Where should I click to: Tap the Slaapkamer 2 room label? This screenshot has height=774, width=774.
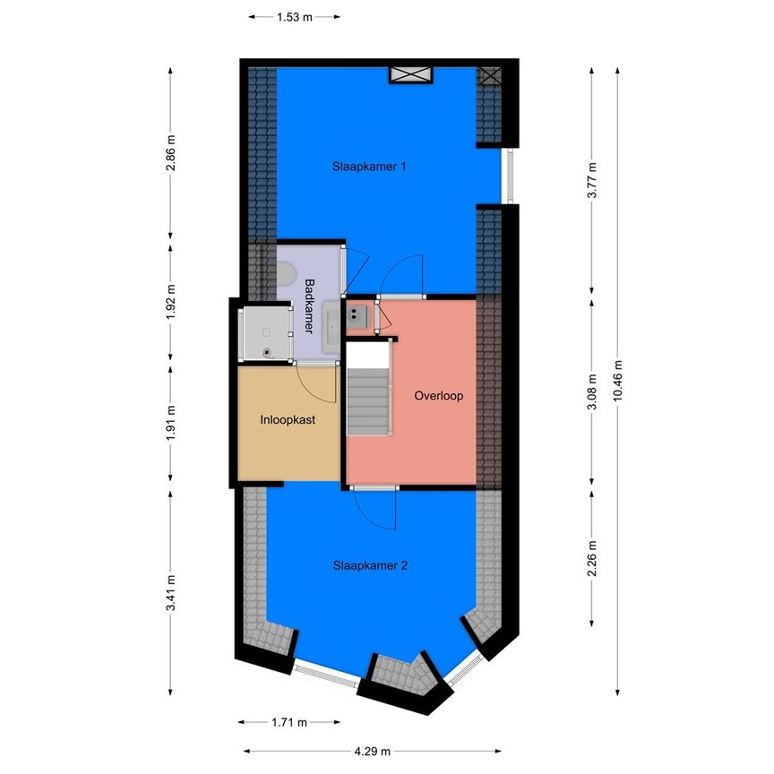[x=370, y=565]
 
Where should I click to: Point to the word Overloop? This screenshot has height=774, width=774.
[x=438, y=395]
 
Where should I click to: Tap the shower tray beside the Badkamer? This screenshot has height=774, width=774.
[x=266, y=332]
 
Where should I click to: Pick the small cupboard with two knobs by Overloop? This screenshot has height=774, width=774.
[x=359, y=314]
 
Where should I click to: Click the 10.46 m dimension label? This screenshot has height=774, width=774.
[x=616, y=383]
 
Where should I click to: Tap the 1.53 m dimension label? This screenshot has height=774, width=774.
[x=294, y=16]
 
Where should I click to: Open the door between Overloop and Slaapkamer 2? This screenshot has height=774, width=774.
[x=374, y=488]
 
